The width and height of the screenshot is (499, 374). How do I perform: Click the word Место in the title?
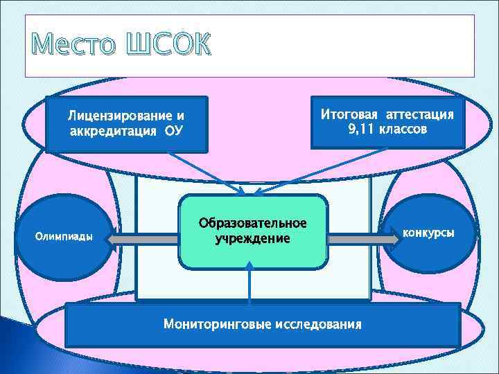73,45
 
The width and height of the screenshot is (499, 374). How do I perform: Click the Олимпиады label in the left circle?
64,236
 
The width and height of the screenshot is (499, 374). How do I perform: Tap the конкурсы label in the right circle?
429,232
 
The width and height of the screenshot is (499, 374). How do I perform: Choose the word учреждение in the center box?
252,238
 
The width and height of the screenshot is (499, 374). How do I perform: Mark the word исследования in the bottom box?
318,323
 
